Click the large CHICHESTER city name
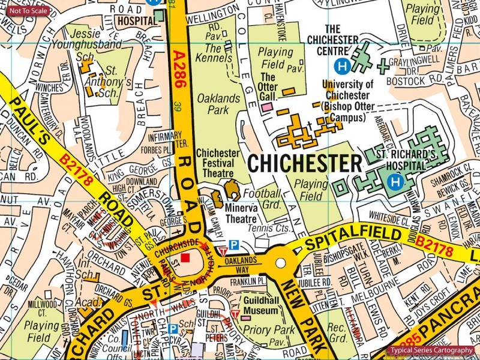[305, 163]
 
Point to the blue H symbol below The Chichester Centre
[342, 65]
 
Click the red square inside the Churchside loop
[185, 257]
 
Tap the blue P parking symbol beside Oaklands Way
[235, 245]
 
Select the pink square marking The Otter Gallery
[267, 106]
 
